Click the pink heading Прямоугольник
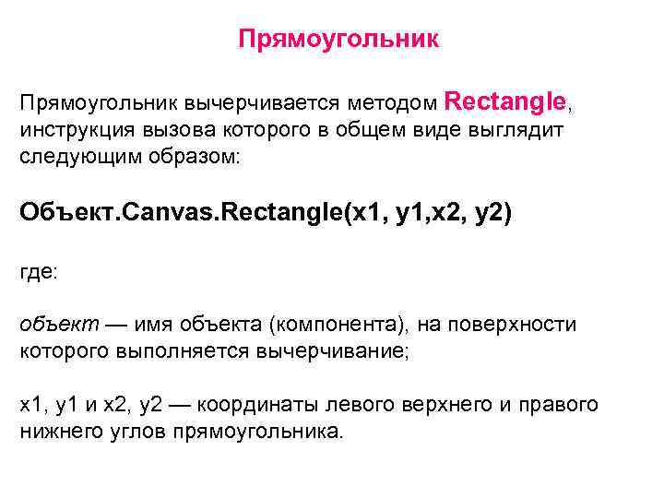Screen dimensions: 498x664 (x=338, y=40)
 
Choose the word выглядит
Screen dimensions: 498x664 (x=512, y=130)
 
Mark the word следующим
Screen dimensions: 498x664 (x=73, y=158)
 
